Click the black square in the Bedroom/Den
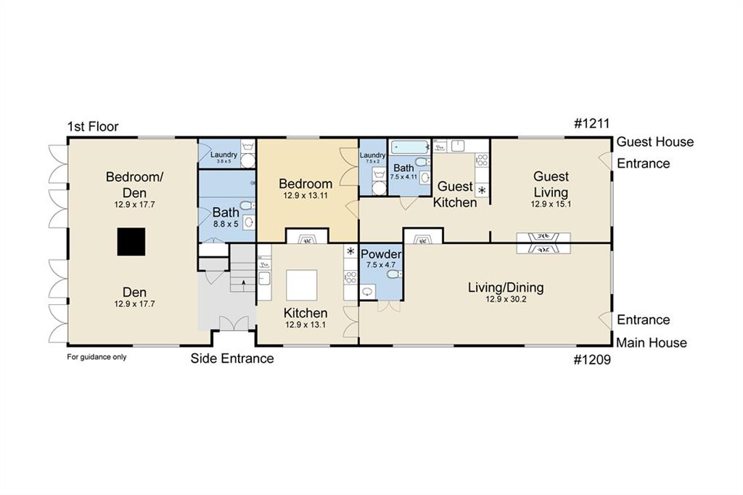pos(131,242)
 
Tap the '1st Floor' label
pos(93,126)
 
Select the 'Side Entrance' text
pos(232,359)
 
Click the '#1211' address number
pos(592,123)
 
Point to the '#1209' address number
pos(592,360)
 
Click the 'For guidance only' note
pos(97,357)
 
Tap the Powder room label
pos(381,254)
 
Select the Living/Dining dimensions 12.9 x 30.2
pos(506,299)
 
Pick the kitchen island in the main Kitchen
pos(302,285)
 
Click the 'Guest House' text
pos(655,142)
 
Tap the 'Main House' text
pos(652,343)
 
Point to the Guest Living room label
pos(551,184)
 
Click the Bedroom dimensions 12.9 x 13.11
pos(305,195)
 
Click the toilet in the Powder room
pos(394,274)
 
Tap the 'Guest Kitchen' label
pos(455,195)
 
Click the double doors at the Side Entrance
pos(233,324)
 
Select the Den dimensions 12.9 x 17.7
pos(134,304)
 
